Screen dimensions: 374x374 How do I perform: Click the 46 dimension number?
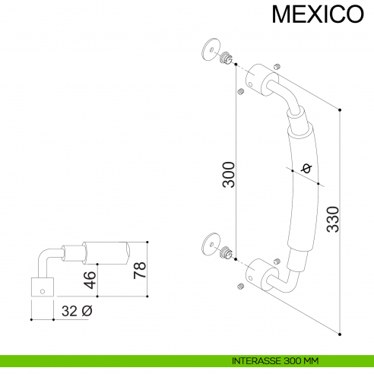[x=90, y=278]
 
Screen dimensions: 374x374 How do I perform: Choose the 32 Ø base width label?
[x=76, y=311]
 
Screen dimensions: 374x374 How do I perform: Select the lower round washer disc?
[x=211, y=244]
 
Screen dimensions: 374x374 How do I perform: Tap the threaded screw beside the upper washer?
[x=225, y=58]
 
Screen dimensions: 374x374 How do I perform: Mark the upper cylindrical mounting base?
[x=259, y=78]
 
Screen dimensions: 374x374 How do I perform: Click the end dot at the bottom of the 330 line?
[x=340, y=332]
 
